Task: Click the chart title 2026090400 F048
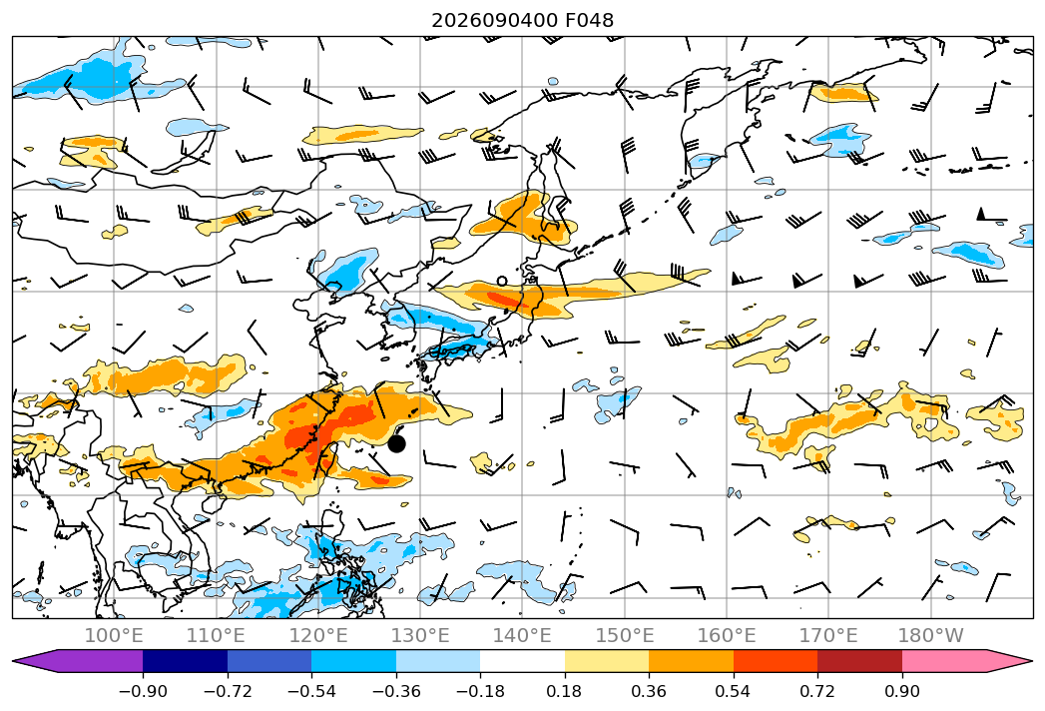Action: [523, 20]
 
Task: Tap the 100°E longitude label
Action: [114, 635]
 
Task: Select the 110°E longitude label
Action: [216, 635]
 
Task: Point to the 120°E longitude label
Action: [318, 635]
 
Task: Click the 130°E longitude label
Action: [420, 635]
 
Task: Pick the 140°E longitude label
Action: [522, 635]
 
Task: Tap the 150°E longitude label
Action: [625, 635]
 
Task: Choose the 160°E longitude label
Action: [727, 635]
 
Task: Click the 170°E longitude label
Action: [828, 635]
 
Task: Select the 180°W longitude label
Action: [931, 635]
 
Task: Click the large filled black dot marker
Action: [396, 443]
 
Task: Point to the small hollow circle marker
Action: [502, 282]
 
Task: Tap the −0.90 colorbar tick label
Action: [143, 691]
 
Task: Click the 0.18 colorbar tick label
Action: [565, 691]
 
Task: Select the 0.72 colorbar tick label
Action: [817, 691]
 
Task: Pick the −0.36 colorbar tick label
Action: [396, 691]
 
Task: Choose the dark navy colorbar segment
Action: [186, 661]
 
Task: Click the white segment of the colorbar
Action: [523, 661]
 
